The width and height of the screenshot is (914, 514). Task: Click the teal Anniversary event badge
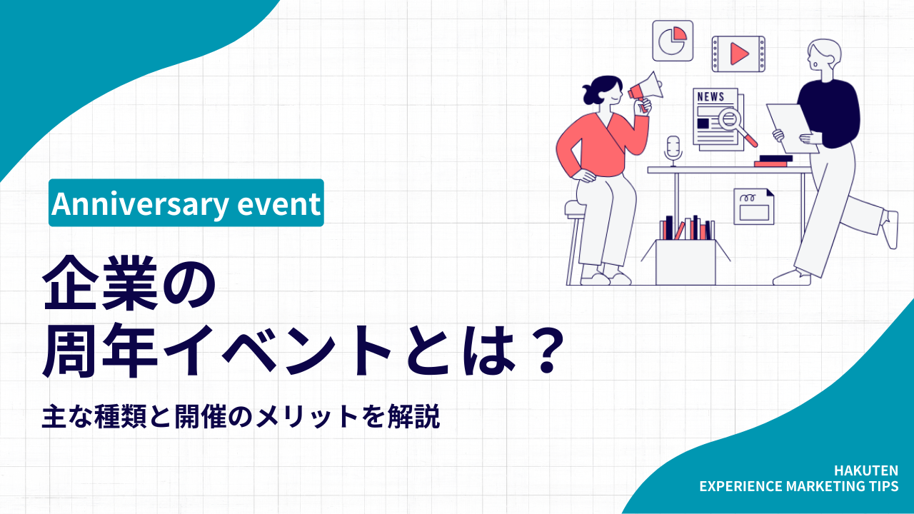click(186, 203)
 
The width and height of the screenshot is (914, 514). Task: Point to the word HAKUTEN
click(866, 470)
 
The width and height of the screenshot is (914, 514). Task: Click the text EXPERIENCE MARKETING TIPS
click(799, 486)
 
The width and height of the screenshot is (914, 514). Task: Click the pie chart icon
click(673, 41)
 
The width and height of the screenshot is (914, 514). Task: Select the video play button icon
click(738, 53)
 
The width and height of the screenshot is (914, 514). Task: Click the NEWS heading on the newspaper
click(710, 97)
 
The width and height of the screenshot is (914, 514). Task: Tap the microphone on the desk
click(672, 150)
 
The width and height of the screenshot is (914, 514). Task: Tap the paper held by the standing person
click(790, 125)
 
